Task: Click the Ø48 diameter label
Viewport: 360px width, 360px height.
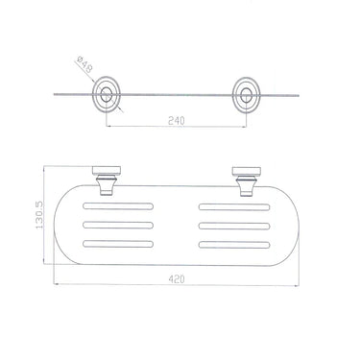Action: coord(84,64)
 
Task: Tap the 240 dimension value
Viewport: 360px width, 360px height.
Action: coord(177,121)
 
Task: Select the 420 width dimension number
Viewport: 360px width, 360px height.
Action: coord(177,279)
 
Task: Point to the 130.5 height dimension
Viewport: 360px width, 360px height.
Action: coord(39,215)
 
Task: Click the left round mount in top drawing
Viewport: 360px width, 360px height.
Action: coord(107,94)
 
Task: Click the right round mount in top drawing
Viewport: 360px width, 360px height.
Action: coord(246,95)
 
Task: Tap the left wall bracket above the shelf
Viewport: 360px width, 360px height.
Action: coord(107,180)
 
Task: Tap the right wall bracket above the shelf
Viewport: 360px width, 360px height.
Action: coord(247,181)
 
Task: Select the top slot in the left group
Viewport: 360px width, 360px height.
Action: coord(118,206)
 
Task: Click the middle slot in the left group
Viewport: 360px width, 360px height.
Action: coord(118,225)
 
